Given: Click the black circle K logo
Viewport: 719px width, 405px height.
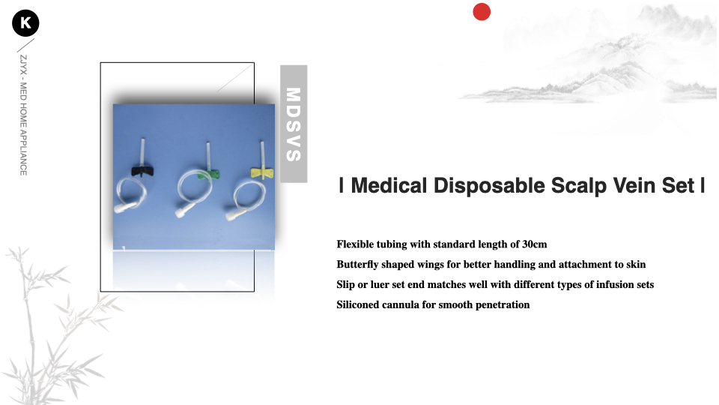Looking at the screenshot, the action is pyautogui.click(x=25, y=23).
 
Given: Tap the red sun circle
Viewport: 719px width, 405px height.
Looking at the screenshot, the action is pyautogui.click(x=482, y=12).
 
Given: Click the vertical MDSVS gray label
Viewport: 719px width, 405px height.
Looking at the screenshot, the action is pyautogui.click(x=294, y=124).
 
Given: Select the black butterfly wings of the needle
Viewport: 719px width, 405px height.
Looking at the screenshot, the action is pyautogui.click(x=142, y=172).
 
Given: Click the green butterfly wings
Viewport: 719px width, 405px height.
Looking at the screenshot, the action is pyautogui.click(x=209, y=175).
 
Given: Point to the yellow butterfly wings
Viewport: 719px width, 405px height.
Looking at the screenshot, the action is pyautogui.click(x=262, y=172).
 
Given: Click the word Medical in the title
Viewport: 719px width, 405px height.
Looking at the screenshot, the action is pyautogui.click(x=389, y=185).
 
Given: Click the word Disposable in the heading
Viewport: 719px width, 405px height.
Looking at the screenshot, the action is pyautogui.click(x=489, y=186).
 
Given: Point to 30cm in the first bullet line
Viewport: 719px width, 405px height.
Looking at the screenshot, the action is pyautogui.click(x=535, y=244).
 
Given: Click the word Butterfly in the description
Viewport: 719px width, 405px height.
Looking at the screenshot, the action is pyautogui.click(x=357, y=265).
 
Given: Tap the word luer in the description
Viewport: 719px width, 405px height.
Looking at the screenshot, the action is pyautogui.click(x=380, y=285).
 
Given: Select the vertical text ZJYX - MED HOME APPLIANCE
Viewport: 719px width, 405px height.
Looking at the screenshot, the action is pyautogui.click(x=23, y=115).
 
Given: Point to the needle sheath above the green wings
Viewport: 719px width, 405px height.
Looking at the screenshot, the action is pyautogui.click(x=208, y=156).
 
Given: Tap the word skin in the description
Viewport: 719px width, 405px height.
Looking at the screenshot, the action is pyautogui.click(x=636, y=265).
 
